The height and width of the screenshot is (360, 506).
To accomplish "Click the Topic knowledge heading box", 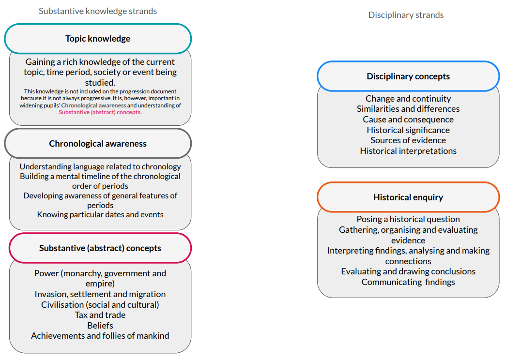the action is click(x=98, y=39).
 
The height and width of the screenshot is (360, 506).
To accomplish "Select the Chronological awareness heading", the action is click(x=98, y=144).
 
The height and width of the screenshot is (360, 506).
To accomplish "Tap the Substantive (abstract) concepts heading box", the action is click(x=100, y=248).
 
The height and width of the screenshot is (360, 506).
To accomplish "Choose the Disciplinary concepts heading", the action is click(x=408, y=76).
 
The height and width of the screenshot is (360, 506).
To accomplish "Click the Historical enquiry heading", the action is click(x=408, y=197).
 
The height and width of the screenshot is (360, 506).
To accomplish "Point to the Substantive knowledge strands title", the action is click(x=98, y=11).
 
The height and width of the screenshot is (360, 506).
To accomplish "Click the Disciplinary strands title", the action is click(x=406, y=15).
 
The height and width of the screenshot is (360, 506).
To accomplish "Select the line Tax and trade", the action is click(x=100, y=315).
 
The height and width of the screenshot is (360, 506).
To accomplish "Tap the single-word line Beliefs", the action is click(x=100, y=326).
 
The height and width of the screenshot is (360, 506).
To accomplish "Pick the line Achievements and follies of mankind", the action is click(x=100, y=336).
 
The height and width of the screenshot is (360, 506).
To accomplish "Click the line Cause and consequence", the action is click(x=408, y=120).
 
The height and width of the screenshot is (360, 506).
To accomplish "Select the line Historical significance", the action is click(x=408, y=130).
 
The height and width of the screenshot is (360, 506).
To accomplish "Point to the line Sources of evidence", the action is click(x=408, y=140).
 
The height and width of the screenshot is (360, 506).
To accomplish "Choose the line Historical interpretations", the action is click(x=408, y=151).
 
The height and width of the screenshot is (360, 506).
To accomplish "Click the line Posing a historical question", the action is click(x=408, y=219).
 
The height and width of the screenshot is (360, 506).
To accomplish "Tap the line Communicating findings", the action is click(x=408, y=282).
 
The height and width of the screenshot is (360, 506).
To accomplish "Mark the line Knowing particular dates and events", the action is click(x=100, y=215).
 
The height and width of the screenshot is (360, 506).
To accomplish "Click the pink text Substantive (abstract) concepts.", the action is click(x=100, y=112).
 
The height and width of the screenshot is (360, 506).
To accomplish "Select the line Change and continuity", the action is click(x=408, y=99).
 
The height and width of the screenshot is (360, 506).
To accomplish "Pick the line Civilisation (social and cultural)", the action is click(x=100, y=305).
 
